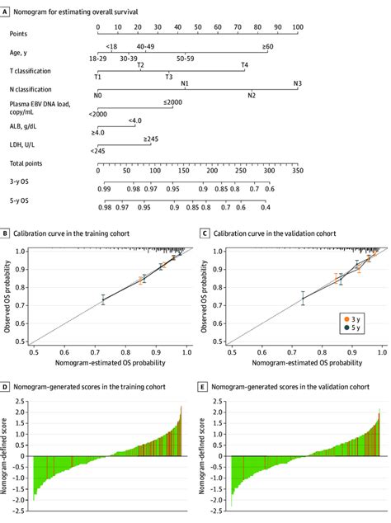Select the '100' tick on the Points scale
point(298,26)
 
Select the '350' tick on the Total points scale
point(298,172)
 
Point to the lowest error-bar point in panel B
point(103,301)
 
